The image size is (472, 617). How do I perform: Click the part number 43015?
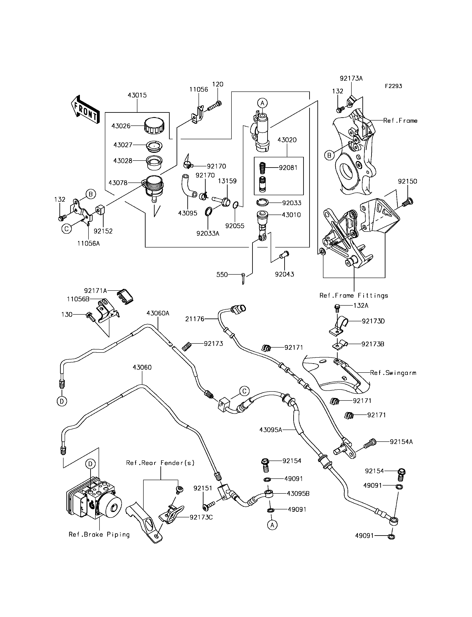point(137,95)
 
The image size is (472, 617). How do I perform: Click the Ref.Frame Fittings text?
point(354,295)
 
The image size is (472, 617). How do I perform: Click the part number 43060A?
point(158,313)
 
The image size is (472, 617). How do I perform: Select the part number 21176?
point(195,319)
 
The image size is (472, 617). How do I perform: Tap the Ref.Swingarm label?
point(393,373)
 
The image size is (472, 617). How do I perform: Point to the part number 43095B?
point(298,494)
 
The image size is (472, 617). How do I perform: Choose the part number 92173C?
point(201,517)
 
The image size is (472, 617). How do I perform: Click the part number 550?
point(222,275)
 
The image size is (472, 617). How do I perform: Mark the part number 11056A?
point(88,243)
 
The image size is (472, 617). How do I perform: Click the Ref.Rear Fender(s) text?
point(160,463)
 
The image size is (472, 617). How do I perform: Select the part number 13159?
point(227,181)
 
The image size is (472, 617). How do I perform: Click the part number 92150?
point(407,181)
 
